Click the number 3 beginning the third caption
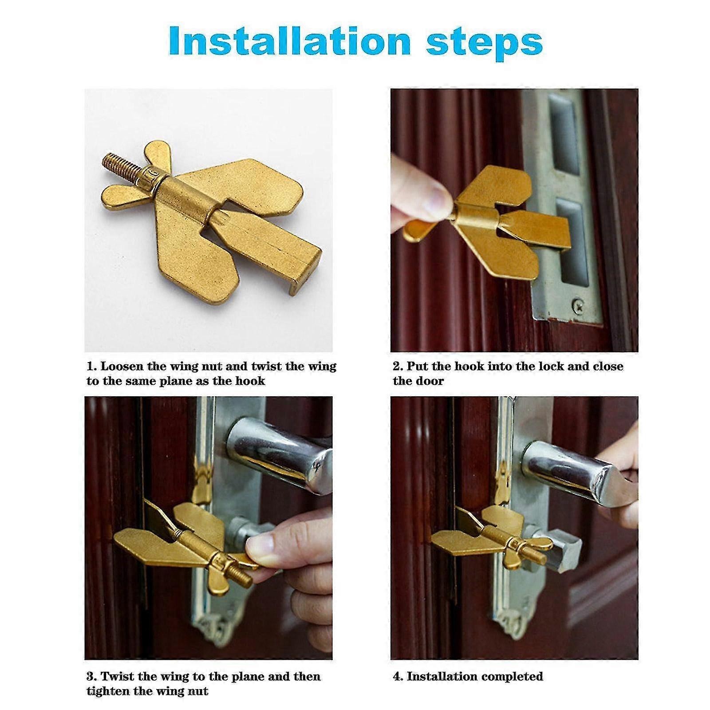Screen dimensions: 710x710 [90, 677]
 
